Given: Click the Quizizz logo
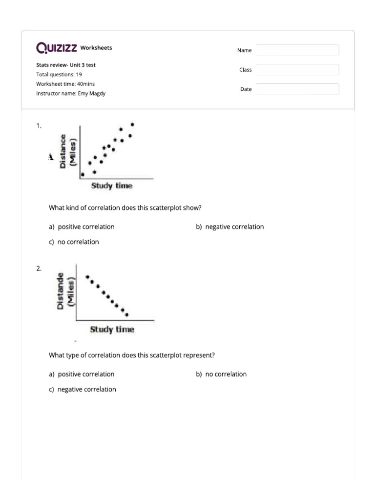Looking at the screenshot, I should click(57, 48).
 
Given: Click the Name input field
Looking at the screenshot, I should click(297, 50).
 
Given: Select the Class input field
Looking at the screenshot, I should click(297, 70).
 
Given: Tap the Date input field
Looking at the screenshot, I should click(297, 89).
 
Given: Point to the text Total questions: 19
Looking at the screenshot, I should click(59, 75).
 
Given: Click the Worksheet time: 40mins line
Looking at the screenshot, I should click(65, 84).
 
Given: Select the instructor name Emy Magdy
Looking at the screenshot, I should click(91, 94).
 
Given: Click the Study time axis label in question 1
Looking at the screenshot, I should click(112, 186).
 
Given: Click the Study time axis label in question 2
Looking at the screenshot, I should click(112, 330).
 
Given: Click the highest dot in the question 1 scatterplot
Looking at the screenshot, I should click(132, 125).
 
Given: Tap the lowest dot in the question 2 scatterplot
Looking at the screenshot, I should click(127, 314).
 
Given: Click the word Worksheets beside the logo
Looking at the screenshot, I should click(96, 48).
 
